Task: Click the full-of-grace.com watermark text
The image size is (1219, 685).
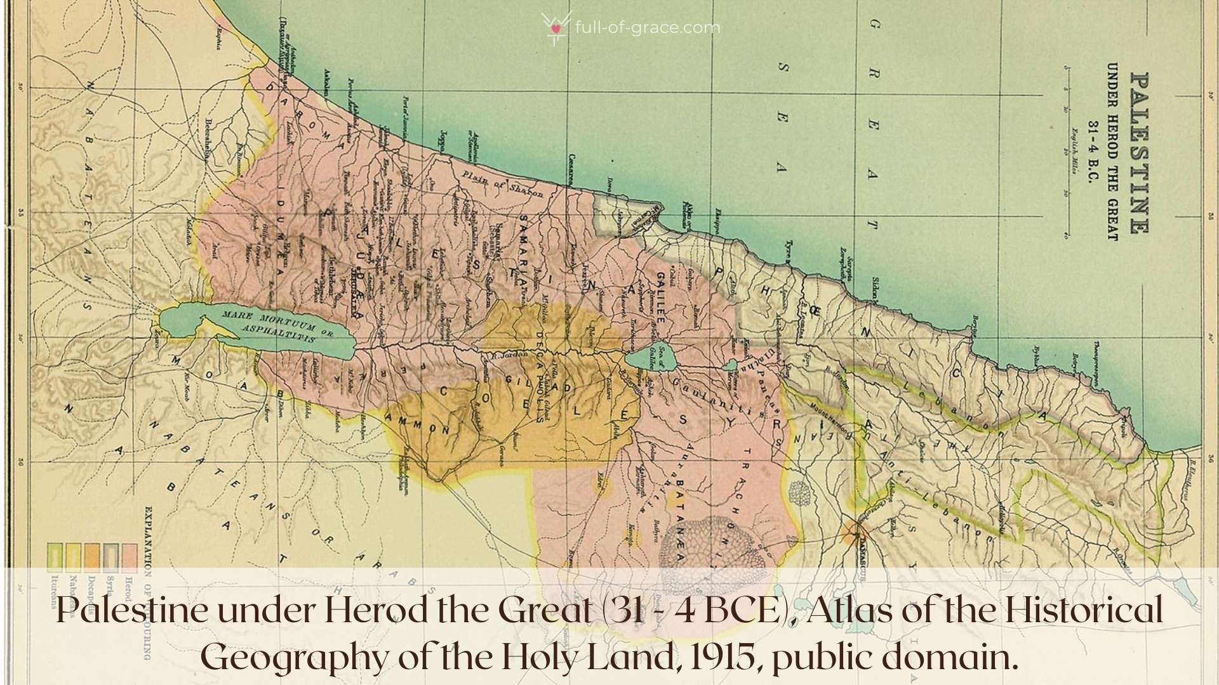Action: coord(646,28)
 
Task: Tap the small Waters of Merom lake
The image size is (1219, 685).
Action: coord(730,365)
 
